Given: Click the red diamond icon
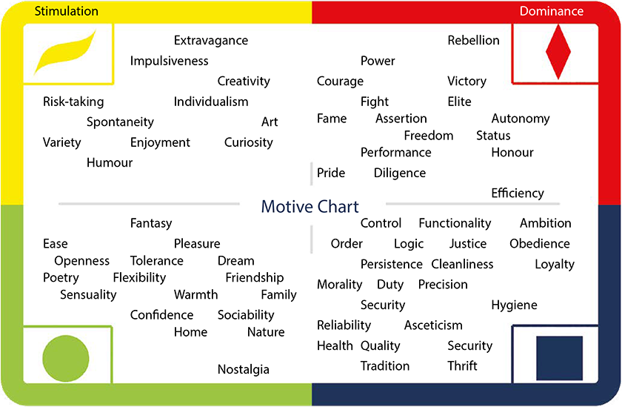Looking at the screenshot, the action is coord(558,52).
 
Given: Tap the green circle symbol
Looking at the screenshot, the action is coord(66,359).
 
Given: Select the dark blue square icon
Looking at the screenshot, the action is coord(559,358).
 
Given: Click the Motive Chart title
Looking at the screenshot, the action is coord(310,207).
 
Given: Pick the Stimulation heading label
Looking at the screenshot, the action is coord(66,11).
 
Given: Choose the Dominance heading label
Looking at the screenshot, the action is coord(552,11).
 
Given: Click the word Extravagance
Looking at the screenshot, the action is coord(211,41).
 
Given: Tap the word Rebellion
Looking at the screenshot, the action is coord(474,40).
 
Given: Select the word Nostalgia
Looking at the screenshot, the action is coord(244,370).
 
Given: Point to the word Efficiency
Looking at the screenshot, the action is coord(518,193).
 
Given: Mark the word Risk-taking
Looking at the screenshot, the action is coord(73,102).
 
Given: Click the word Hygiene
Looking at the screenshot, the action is coord(515,305).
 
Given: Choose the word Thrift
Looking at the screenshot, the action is coord(463,365).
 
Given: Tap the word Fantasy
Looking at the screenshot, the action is coord(151,224).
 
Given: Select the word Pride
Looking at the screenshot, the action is coord(331,173).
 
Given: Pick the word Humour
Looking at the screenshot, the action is coord(110,163).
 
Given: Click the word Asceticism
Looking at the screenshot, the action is coord(433,325).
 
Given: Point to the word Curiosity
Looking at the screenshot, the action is coord(249,142).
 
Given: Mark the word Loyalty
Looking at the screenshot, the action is coord(555,265).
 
